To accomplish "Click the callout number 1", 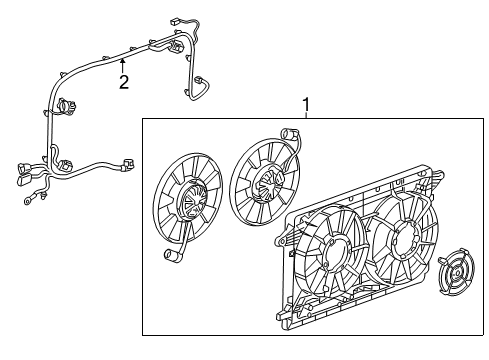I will [307, 104].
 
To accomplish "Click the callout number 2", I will [124, 82].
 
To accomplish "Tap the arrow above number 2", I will [123, 62].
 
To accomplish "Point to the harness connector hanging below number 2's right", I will [200, 82].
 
